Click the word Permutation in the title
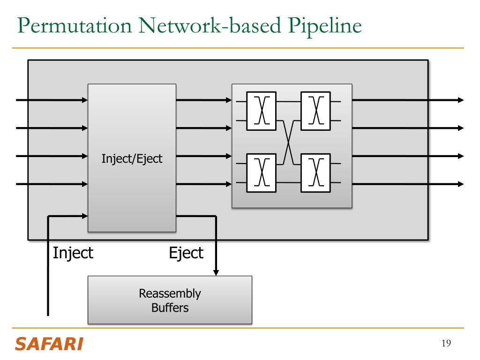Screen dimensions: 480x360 tap(75, 26)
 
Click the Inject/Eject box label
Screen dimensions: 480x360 tap(132, 159)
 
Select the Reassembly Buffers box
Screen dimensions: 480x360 tap(170, 300)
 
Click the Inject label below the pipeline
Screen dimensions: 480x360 tap(73, 254)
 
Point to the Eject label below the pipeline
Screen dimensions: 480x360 tap(186, 254)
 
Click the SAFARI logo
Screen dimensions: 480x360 tap(49, 344)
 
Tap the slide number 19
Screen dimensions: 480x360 tap(446, 343)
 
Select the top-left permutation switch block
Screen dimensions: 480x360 tap(262, 111)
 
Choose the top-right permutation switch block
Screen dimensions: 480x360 tap(315, 111)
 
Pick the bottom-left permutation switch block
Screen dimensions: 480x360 tap(262, 173)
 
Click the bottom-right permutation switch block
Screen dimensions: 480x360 tap(315, 173)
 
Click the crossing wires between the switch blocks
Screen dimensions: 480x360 tap(288, 142)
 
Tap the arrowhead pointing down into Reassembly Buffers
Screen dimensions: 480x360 tap(216, 272)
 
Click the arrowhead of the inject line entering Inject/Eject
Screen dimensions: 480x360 tap(85, 216)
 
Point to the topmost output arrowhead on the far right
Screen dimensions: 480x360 tap(461, 100)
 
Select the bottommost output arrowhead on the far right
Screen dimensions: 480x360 tap(461, 184)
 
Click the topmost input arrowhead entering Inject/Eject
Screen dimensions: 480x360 tap(85, 100)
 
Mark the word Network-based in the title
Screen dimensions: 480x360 tap(210, 25)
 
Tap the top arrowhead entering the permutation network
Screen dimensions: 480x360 tap(229, 100)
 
